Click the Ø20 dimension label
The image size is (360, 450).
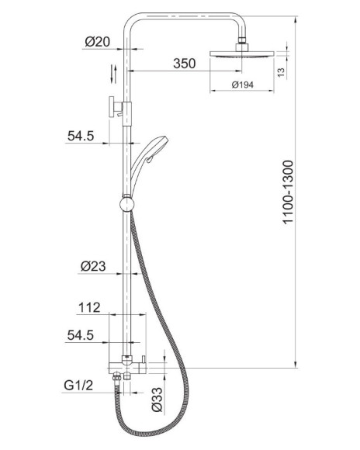97,42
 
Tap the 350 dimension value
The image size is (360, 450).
185,64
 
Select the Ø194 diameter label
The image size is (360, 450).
243,85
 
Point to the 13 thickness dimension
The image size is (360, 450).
282,71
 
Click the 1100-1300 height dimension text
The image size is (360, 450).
288,192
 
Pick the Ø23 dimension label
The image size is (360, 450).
93,266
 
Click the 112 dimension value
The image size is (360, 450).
89,307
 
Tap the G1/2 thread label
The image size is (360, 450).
78,385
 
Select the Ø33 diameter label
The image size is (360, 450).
157,400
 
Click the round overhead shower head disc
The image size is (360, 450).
242,54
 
